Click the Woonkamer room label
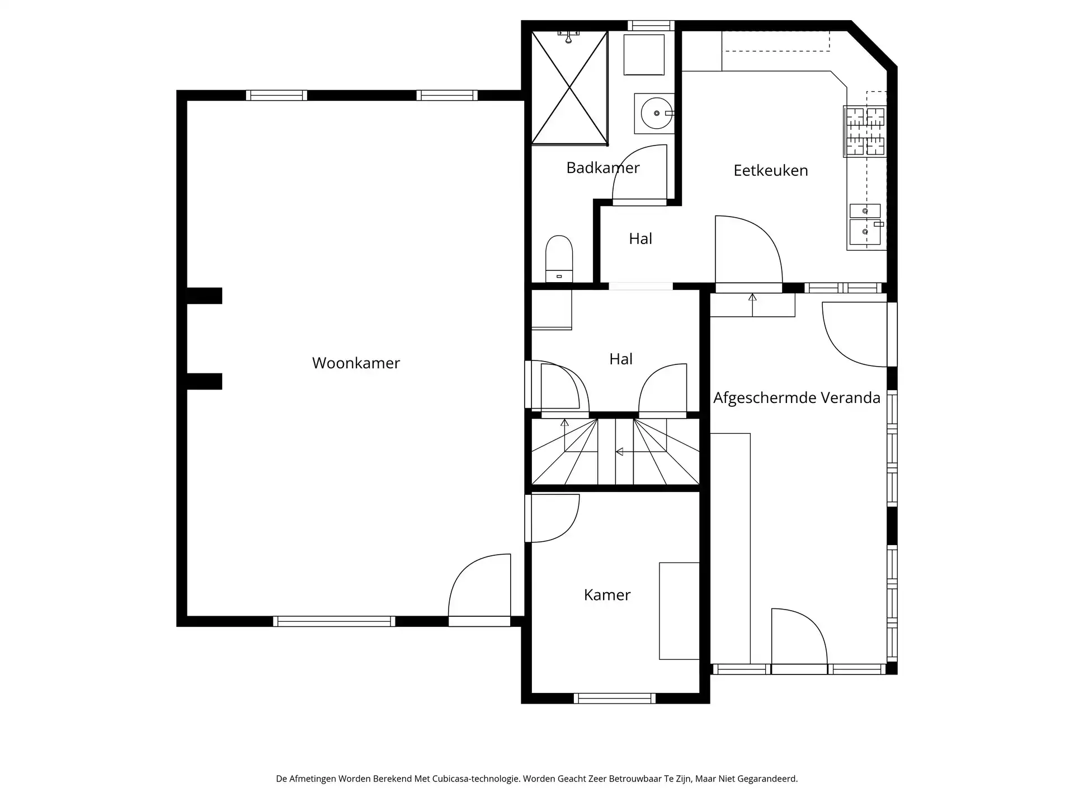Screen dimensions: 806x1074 point(356,363)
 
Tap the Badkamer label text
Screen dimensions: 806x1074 point(602,167)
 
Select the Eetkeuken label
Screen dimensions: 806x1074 point(770,170)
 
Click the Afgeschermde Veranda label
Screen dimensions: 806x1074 point(797,398)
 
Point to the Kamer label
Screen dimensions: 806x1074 point(607,594)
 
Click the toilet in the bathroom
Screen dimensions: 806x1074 point(559,259)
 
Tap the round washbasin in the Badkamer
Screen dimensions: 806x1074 point(656,114)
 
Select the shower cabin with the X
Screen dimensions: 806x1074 point(569,88)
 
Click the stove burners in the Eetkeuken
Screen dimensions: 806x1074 point(865,132)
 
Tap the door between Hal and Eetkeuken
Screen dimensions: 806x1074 point(747,252)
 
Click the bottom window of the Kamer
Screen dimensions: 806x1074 point(614,698)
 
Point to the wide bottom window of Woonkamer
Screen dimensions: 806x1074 point(334,621)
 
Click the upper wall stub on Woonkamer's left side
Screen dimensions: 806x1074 point(204,296)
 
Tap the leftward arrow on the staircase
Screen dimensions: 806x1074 point(619,451)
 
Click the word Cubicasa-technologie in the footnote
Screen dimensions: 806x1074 point(475,779)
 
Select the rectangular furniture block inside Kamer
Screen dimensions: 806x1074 point(679,611)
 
